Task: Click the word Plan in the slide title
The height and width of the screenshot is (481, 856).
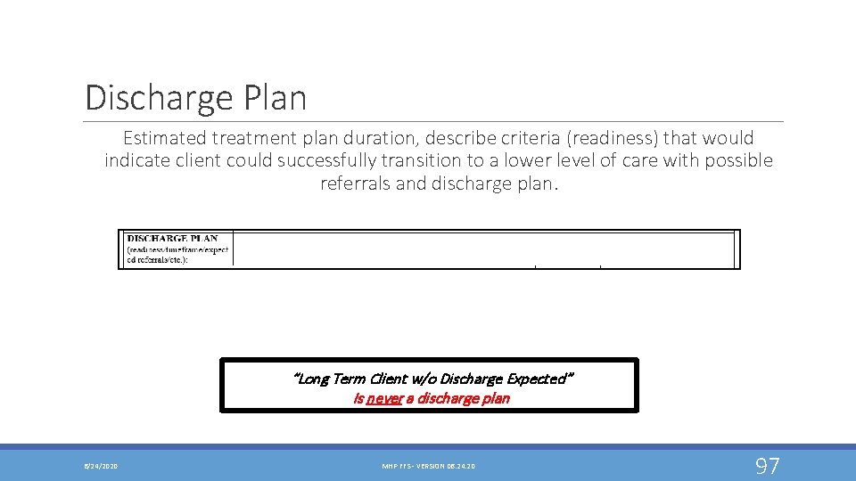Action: [x=279, y=97]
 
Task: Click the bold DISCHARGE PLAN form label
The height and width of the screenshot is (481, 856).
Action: [x=172, y=238]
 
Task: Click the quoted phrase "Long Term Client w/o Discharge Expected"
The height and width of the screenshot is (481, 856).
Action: [x=433, y=379]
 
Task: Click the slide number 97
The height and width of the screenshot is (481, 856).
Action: [x=768, y=465]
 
